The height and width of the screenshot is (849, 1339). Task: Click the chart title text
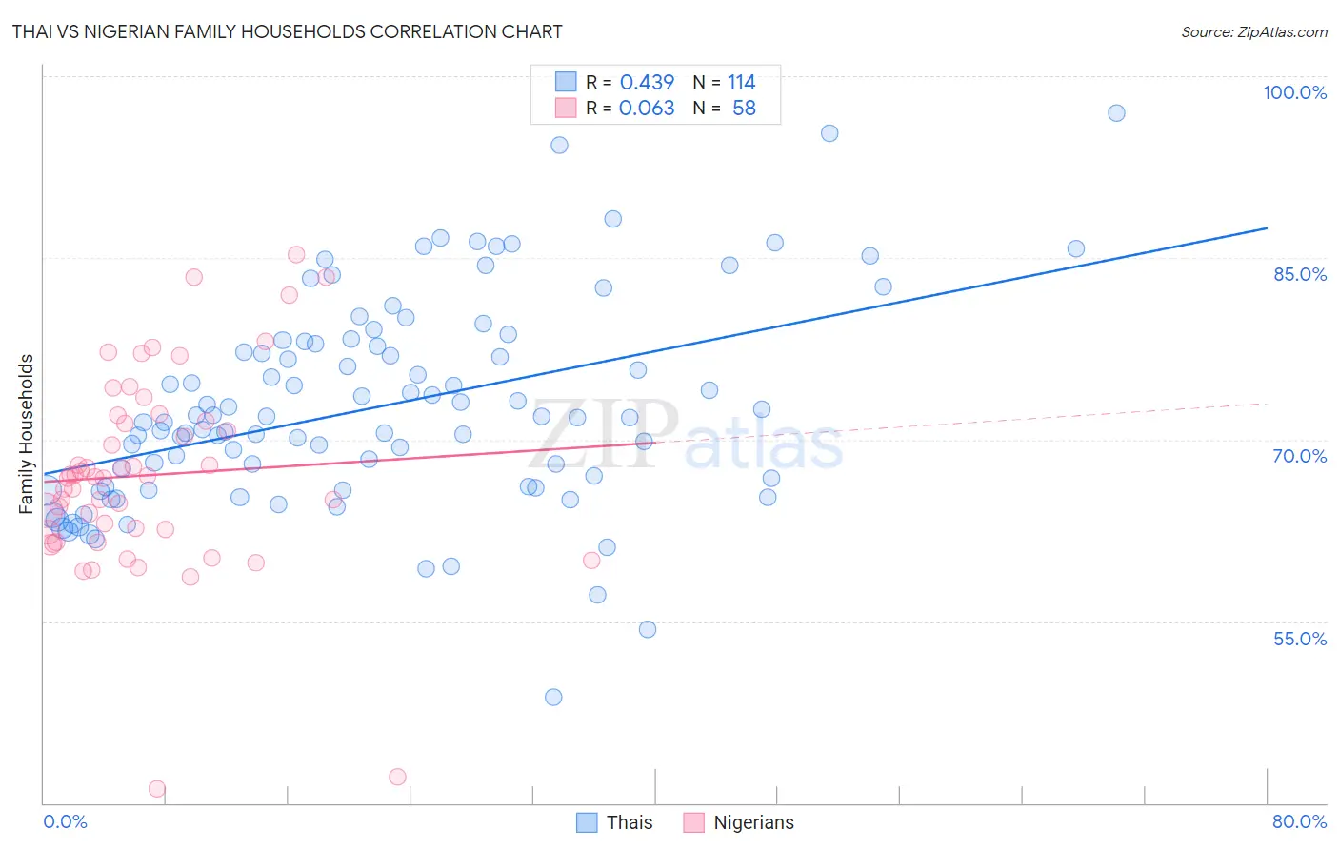pyautogui.click(x=287, y=31)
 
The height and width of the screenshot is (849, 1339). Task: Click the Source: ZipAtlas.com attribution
pyautogui.click(x=1253, y=31)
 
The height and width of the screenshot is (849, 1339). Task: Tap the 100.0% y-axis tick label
pyautogui.click(x=1294, y=92)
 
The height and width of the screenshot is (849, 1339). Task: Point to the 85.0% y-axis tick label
pyautogui.click(x=1299, y=274)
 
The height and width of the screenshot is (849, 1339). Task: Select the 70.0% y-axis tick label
pyautogui.click(x=1299, y=456)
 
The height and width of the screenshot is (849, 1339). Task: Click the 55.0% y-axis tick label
pyautogui.click(x=1299, y=639)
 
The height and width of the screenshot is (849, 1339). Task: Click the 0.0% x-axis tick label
pyautogui.click(x=65, y=821)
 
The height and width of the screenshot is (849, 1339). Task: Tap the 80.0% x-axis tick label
pyautogui.click(x=1299, y=821)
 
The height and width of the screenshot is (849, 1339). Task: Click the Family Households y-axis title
pyautogui.click(x=27, y=434)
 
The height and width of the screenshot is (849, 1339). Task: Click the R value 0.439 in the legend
pyautogui.click(x=647, y=83)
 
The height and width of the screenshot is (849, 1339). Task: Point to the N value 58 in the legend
pyautogui.click(x=744, y=109)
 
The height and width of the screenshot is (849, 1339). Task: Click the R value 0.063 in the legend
pyautogui.click(x=647, y=109)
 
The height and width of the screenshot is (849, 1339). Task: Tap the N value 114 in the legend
pyautogui.click(x=741, y=83)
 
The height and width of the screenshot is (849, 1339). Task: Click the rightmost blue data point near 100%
pyautogui.click(x=1116, y=113)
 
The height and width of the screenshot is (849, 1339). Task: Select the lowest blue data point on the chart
pyautogui.click(x=553, y=697)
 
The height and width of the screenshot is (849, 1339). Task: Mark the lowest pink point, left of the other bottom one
pyautogui.click(x=157, y=789)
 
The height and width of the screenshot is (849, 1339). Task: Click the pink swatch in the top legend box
pyautogui.click(x=566, y=108)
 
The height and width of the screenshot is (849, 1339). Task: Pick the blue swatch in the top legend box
pyautogui.click(x=566, y=82)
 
